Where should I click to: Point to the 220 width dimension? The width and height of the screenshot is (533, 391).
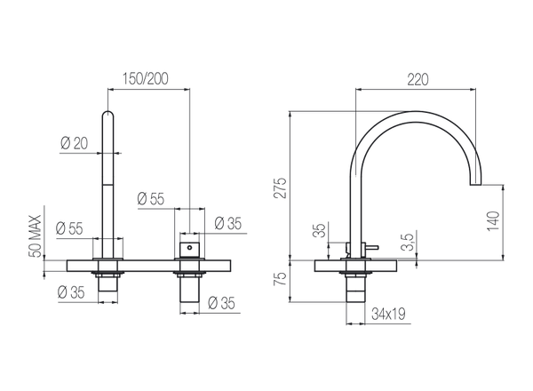(418, 79)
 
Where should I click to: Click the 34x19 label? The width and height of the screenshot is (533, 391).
(388, 313)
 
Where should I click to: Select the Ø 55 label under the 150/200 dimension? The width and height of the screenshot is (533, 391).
(151, 199)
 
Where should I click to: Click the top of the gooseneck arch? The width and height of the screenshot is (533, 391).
(417, 114)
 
